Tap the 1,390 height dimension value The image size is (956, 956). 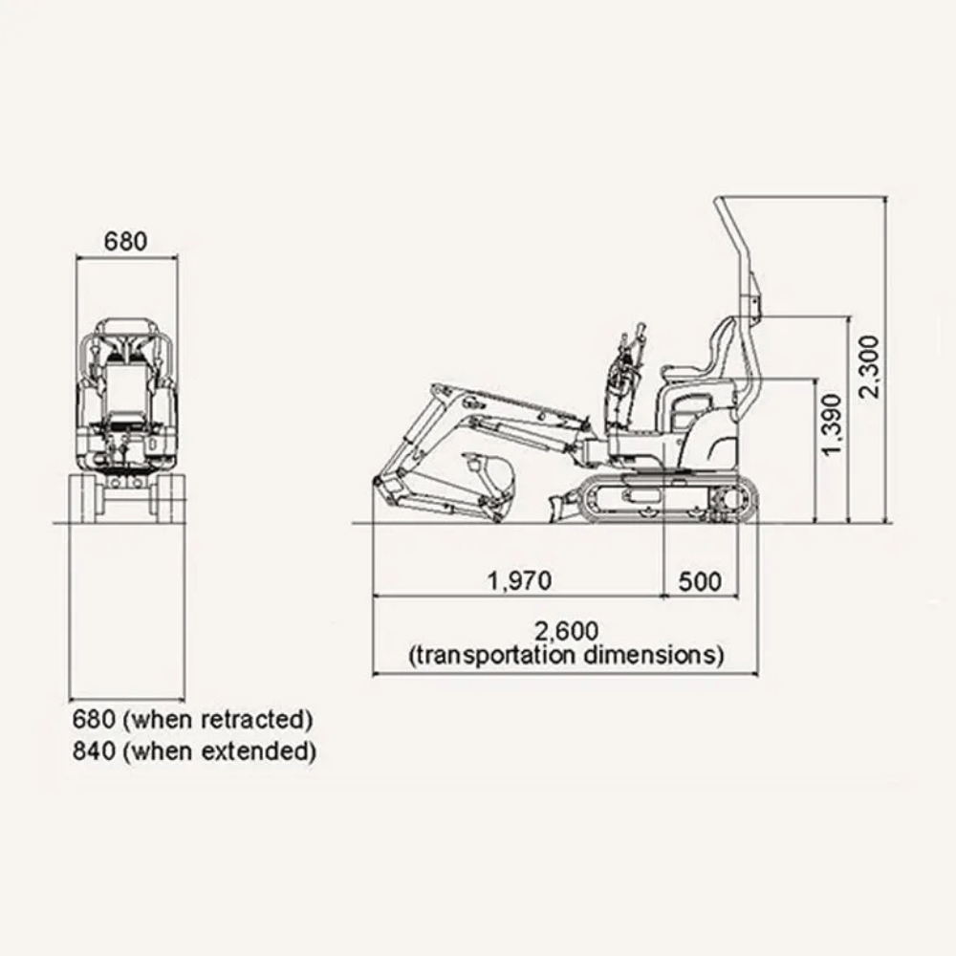tap(831, 424)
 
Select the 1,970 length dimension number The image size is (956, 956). tap(519, 580)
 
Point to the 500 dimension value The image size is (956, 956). tap(700, 581)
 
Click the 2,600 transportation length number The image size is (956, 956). tap(566, 630)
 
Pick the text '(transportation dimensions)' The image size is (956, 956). tap(566, 656)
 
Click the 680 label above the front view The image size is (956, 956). tap(125, 241)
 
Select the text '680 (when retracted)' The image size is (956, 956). tap(193, 720)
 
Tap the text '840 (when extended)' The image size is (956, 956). tap(194, 750)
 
